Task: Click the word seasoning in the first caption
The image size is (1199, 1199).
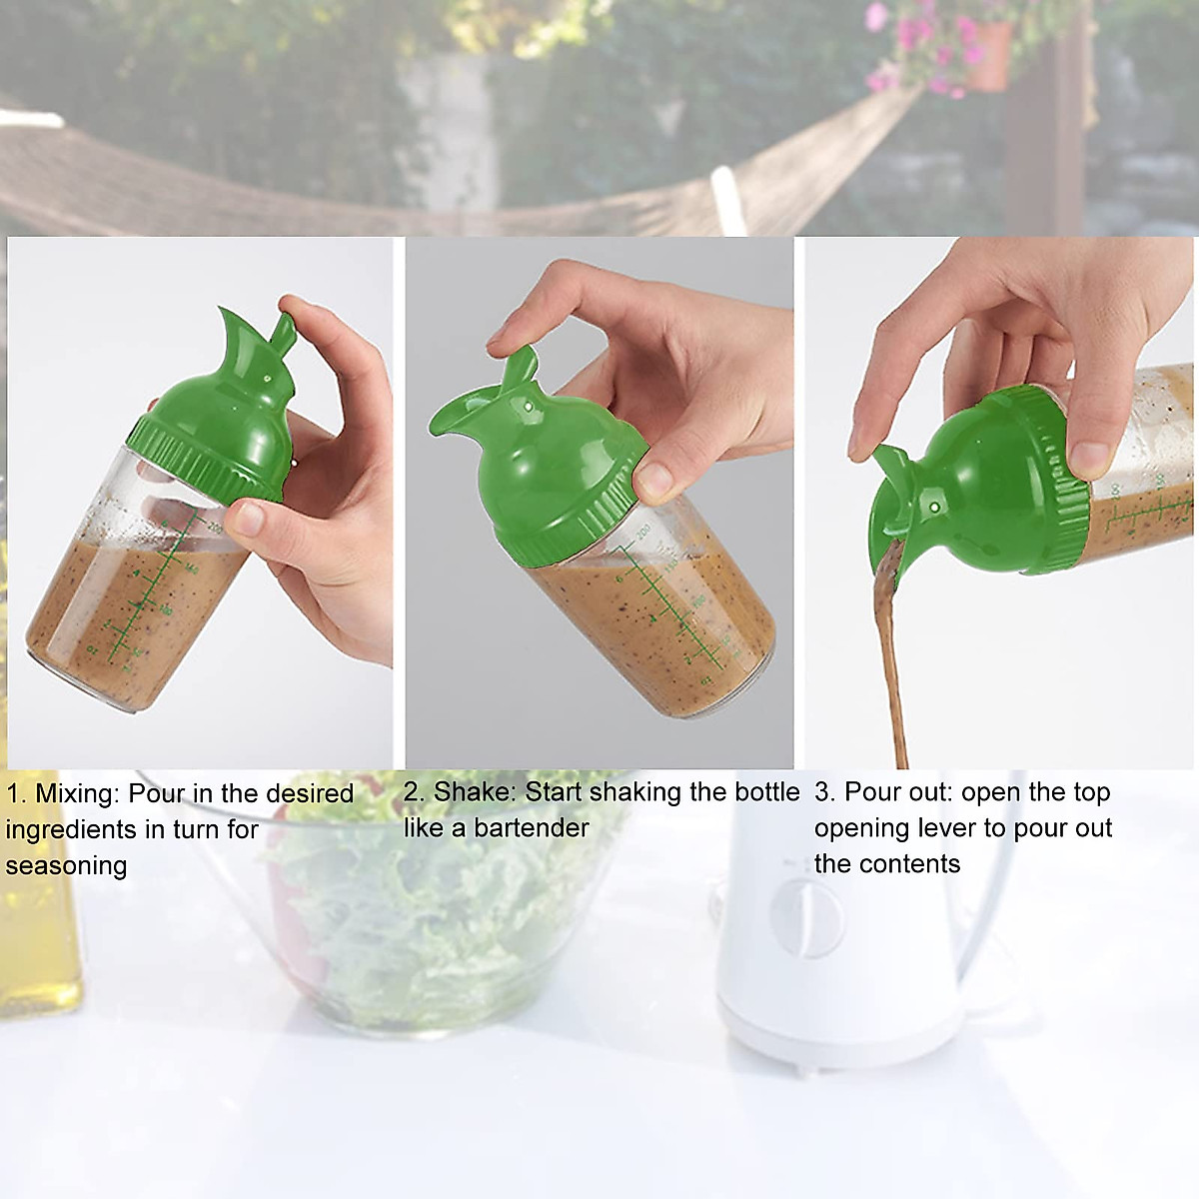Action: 66,865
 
